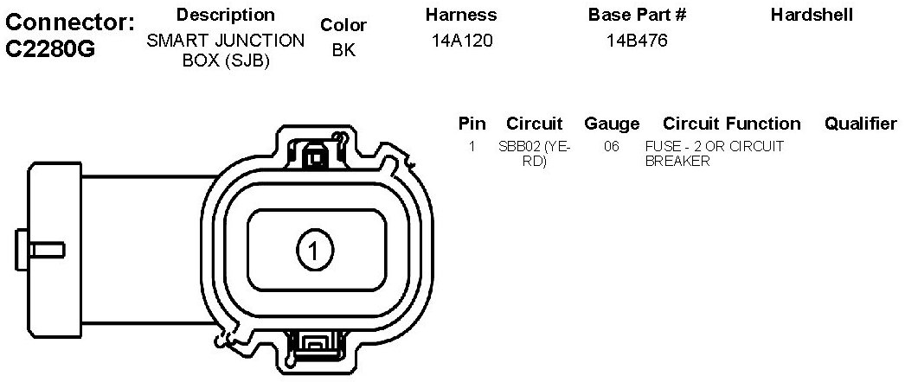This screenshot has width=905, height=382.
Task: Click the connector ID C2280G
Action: [x=49, y=49]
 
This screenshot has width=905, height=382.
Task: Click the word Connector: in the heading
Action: [x=70, y=22]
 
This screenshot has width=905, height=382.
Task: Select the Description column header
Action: [x=226, y=15]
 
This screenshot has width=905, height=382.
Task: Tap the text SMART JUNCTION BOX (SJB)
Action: [x=226, y=50]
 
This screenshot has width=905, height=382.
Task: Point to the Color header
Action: [x=343, y=25]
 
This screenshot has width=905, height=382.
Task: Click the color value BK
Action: [x=344, y=50]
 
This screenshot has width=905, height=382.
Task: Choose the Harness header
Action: [x=461, y=15]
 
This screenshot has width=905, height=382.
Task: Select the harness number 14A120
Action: [x=462, y=41]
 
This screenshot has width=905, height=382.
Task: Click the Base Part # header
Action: [x=637, y=15]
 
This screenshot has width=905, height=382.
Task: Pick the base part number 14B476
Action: [x=637, y=41]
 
